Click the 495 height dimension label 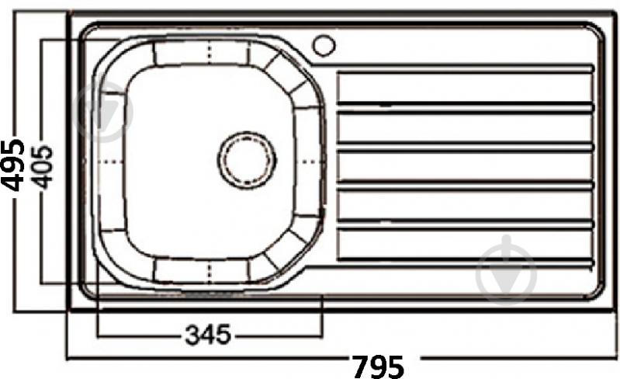[13, 165]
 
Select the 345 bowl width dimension [208, 335]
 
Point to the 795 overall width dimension [378, 365]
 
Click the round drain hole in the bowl [247, 160]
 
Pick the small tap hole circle [324, 45]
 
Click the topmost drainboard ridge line [466, 68]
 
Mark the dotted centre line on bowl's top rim [211, 53]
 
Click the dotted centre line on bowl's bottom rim [211, 269]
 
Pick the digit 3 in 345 [192, 335]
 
